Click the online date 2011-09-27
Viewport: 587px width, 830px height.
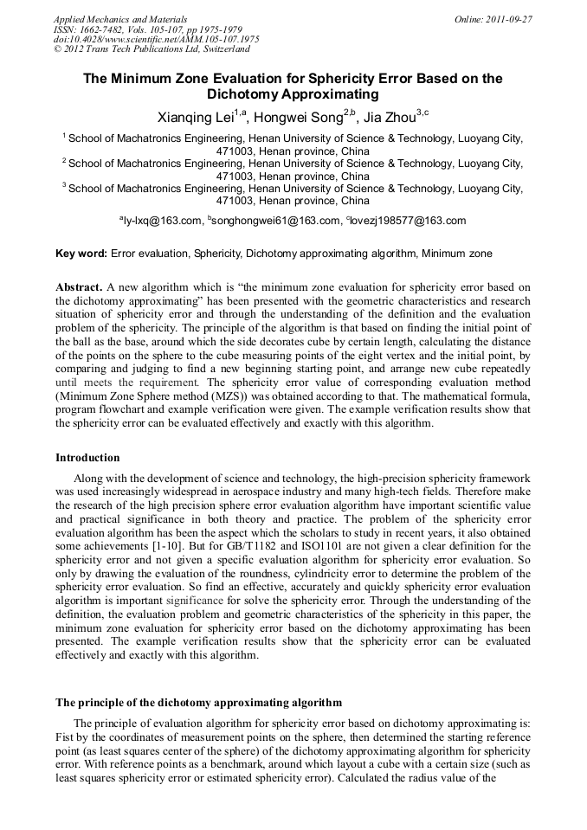[x=508, y=18]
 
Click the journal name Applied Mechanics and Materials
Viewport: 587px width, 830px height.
[x=120, y=18]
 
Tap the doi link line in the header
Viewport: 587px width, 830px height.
[x=156, y=39]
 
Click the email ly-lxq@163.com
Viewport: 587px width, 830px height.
[x=162, y=222]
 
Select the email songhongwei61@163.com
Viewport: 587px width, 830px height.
[x=274, y=222]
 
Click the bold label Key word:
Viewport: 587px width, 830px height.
[x=81, y=254]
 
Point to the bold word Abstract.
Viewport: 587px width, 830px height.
[x=79, y=286]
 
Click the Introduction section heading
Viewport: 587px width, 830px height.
[x=87, y=457]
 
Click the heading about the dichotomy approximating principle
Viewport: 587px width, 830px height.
[x=198, y=702]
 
